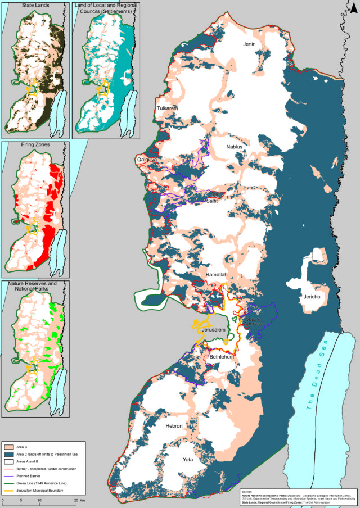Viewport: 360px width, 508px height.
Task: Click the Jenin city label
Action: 249,44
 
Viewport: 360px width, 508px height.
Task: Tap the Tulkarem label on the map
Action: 166,108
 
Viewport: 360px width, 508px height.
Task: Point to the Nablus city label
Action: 233,147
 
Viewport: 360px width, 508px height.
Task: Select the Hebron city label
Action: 174,427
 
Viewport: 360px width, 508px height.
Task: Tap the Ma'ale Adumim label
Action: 251,321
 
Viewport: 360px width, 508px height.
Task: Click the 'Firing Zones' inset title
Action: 35,144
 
